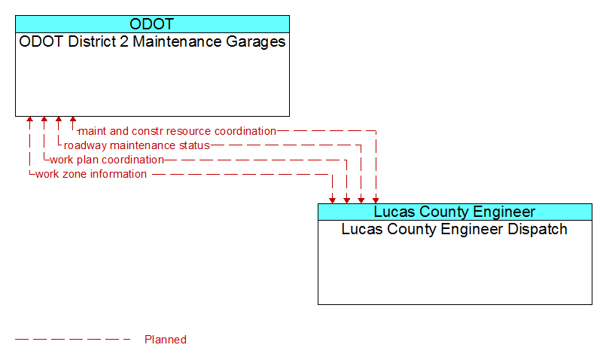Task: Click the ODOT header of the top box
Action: [x=152, y=24]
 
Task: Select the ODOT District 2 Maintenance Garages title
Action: [x=152, y=41]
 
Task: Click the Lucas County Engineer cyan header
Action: [x=455, y=212]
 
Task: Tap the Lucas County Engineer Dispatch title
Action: [x=455, y=229]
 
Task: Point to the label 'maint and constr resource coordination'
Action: [x=177, y=131]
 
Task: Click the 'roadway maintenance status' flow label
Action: [x=137, y=145]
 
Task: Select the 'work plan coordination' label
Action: [x=107, y=160]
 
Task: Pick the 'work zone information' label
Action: [x=91, y=174]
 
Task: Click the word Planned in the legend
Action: [x=166, y=340]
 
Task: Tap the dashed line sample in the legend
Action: [x=73, y=340]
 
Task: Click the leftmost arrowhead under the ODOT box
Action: [x=29, y=119]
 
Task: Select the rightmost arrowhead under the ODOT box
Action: [x=73, y=119]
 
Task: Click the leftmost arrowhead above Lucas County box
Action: [x=332, y=200]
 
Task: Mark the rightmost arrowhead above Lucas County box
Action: [x=376, y=200]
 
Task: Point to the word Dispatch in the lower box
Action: [x=538, y=229]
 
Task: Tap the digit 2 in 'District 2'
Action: [x=123, y=41]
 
